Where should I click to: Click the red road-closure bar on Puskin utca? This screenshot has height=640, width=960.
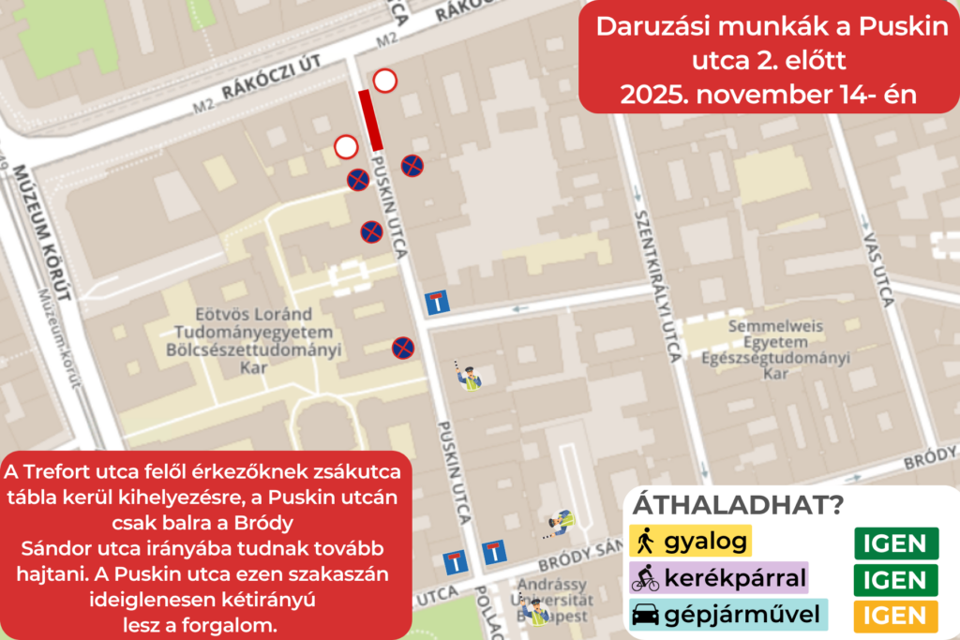(x=370, y=119)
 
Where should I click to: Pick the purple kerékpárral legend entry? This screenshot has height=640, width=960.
(x=717, y=578)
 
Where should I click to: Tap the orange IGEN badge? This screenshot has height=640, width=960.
(x=895, y=615)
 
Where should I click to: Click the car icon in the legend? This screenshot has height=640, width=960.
(x=646, y=616)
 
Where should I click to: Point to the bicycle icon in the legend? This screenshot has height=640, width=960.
(x=646, y=579)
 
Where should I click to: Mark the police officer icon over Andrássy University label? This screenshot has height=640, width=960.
(x=536, y=612)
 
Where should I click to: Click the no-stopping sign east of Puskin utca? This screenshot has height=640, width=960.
(x=412, y=166)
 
